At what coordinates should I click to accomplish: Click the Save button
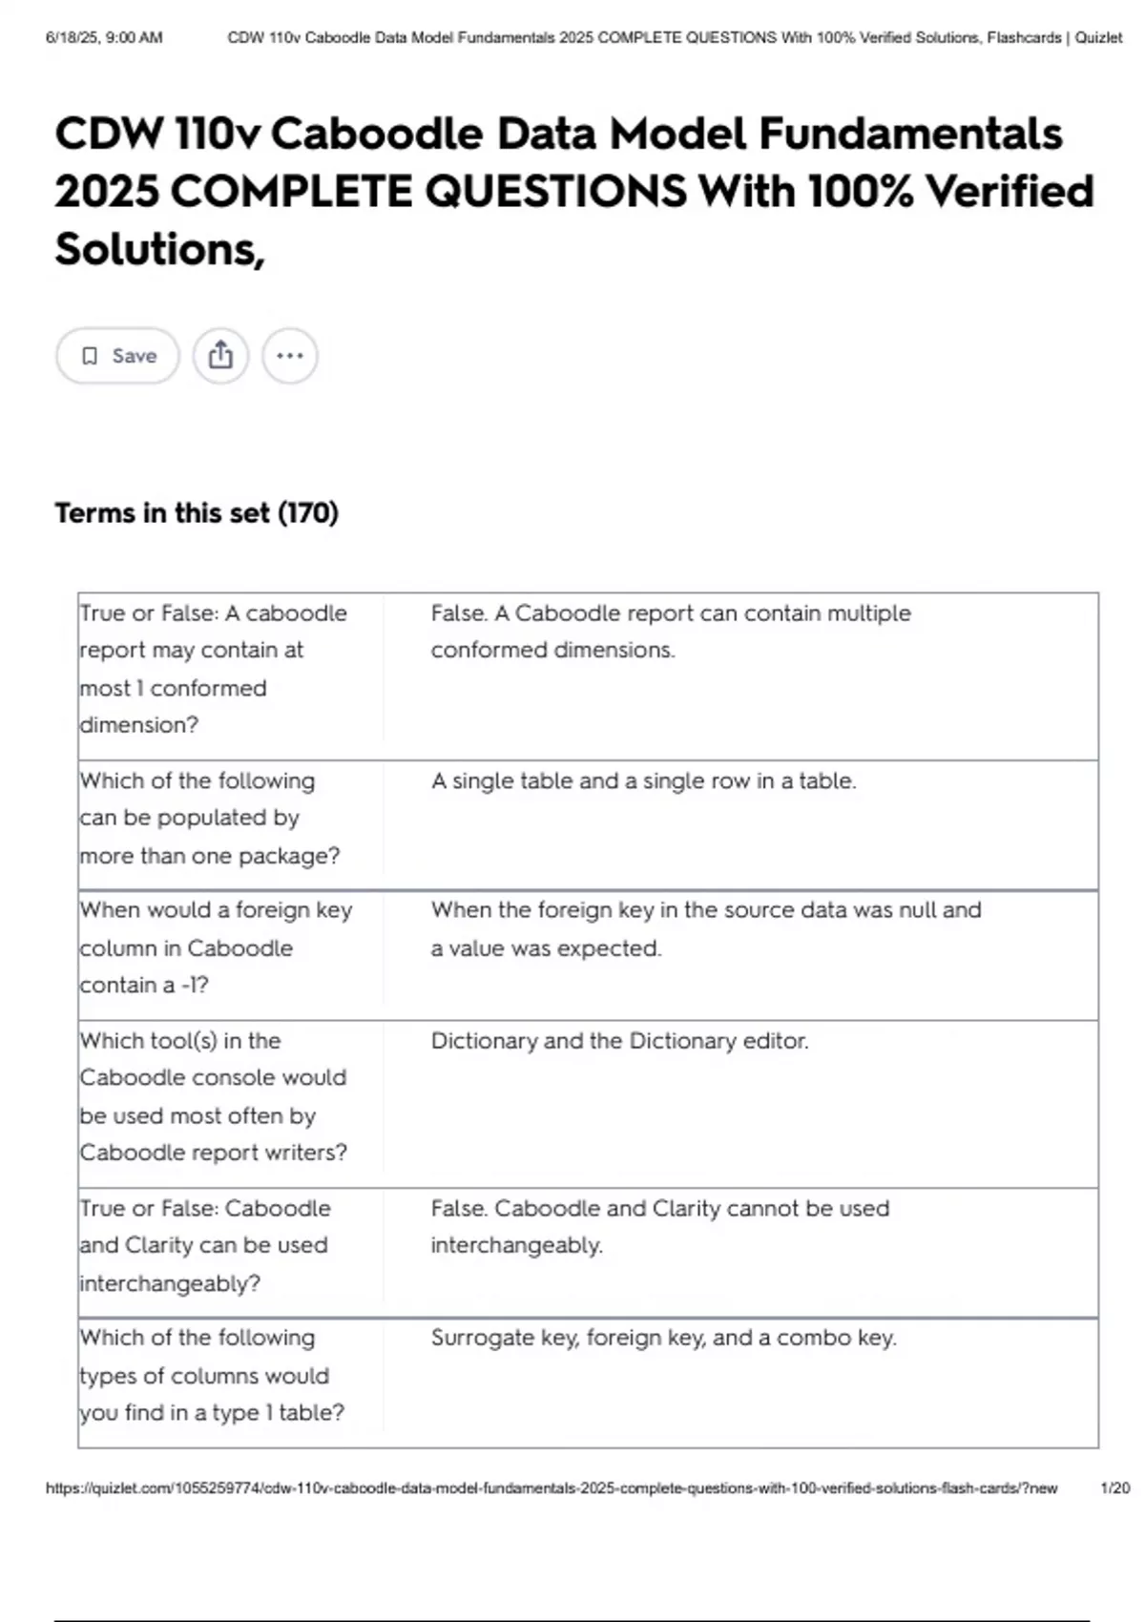click(x=117, y=356)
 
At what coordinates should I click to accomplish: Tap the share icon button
click(x=220, y=356)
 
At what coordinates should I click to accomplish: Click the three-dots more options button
click(x=289, y=356)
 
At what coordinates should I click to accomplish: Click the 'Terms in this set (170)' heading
click(x=197, y=513)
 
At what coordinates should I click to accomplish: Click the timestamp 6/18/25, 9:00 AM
click(x=104, y=38)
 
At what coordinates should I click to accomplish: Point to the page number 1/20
click(x=1114, y=1488)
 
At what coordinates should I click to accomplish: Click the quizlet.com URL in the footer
click(x=552, y=1488)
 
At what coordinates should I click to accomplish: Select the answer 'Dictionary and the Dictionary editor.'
click(x=619, y=1041)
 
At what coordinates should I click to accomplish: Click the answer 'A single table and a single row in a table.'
click(x=643, y=781)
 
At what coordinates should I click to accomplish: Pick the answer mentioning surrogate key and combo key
click(x=663, y=1338)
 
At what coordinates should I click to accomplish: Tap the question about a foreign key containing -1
click(x=216, y=947)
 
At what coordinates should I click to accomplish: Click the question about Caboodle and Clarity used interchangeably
click(x=204, y=1245)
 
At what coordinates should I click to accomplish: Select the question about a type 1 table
click(x=212, y=1375)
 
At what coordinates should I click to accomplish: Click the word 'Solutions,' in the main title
click(x=159, y=249)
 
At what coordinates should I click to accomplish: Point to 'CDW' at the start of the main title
click(x=109, y=134)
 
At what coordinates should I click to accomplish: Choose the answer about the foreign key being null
click(x=705, y=928)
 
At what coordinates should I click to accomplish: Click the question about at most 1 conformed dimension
click(x=213, y=668)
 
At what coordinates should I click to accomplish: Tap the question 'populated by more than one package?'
click(x=209, y=818)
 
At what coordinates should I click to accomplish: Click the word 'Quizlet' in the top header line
click(x=1098, y=38)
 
